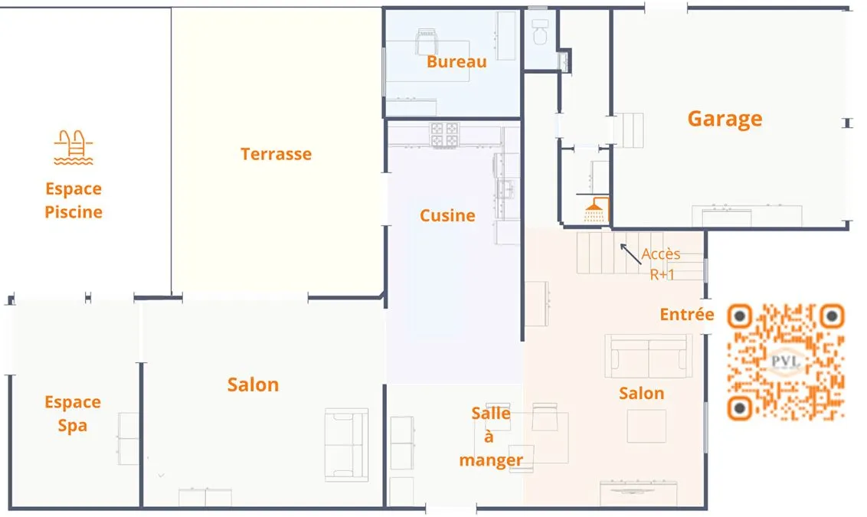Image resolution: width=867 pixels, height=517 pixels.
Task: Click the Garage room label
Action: [725, 119]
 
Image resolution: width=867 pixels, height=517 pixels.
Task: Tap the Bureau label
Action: [456, 61]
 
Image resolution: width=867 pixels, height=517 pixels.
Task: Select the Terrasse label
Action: [276, 154]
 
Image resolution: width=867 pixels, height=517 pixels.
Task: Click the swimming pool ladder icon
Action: [74, 147]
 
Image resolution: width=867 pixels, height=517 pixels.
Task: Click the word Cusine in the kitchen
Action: [447, 215]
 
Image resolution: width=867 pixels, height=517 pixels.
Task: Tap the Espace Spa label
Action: [73, 414]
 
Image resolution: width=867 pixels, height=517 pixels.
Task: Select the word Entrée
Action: [687, 314]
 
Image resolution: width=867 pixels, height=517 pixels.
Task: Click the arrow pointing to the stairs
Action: [630, 254]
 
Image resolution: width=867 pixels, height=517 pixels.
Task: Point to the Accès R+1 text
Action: [661, 263]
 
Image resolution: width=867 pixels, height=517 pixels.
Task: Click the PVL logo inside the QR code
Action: [785, 362]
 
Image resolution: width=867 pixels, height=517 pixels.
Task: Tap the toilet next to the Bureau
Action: [540, 32]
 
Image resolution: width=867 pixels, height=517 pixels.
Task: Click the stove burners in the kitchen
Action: [444, 136]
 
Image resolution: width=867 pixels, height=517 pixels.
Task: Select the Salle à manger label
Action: [491, 437]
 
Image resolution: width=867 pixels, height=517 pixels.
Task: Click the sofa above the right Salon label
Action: [649, 356]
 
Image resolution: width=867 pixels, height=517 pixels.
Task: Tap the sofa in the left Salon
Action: [347, 444]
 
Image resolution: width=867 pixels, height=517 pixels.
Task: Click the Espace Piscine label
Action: [74, 200]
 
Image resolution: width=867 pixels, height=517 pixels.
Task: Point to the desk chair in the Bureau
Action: [427, 41]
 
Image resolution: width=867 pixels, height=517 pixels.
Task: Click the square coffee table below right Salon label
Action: [646, 426]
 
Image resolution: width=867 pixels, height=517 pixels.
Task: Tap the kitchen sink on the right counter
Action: [505, 189]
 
